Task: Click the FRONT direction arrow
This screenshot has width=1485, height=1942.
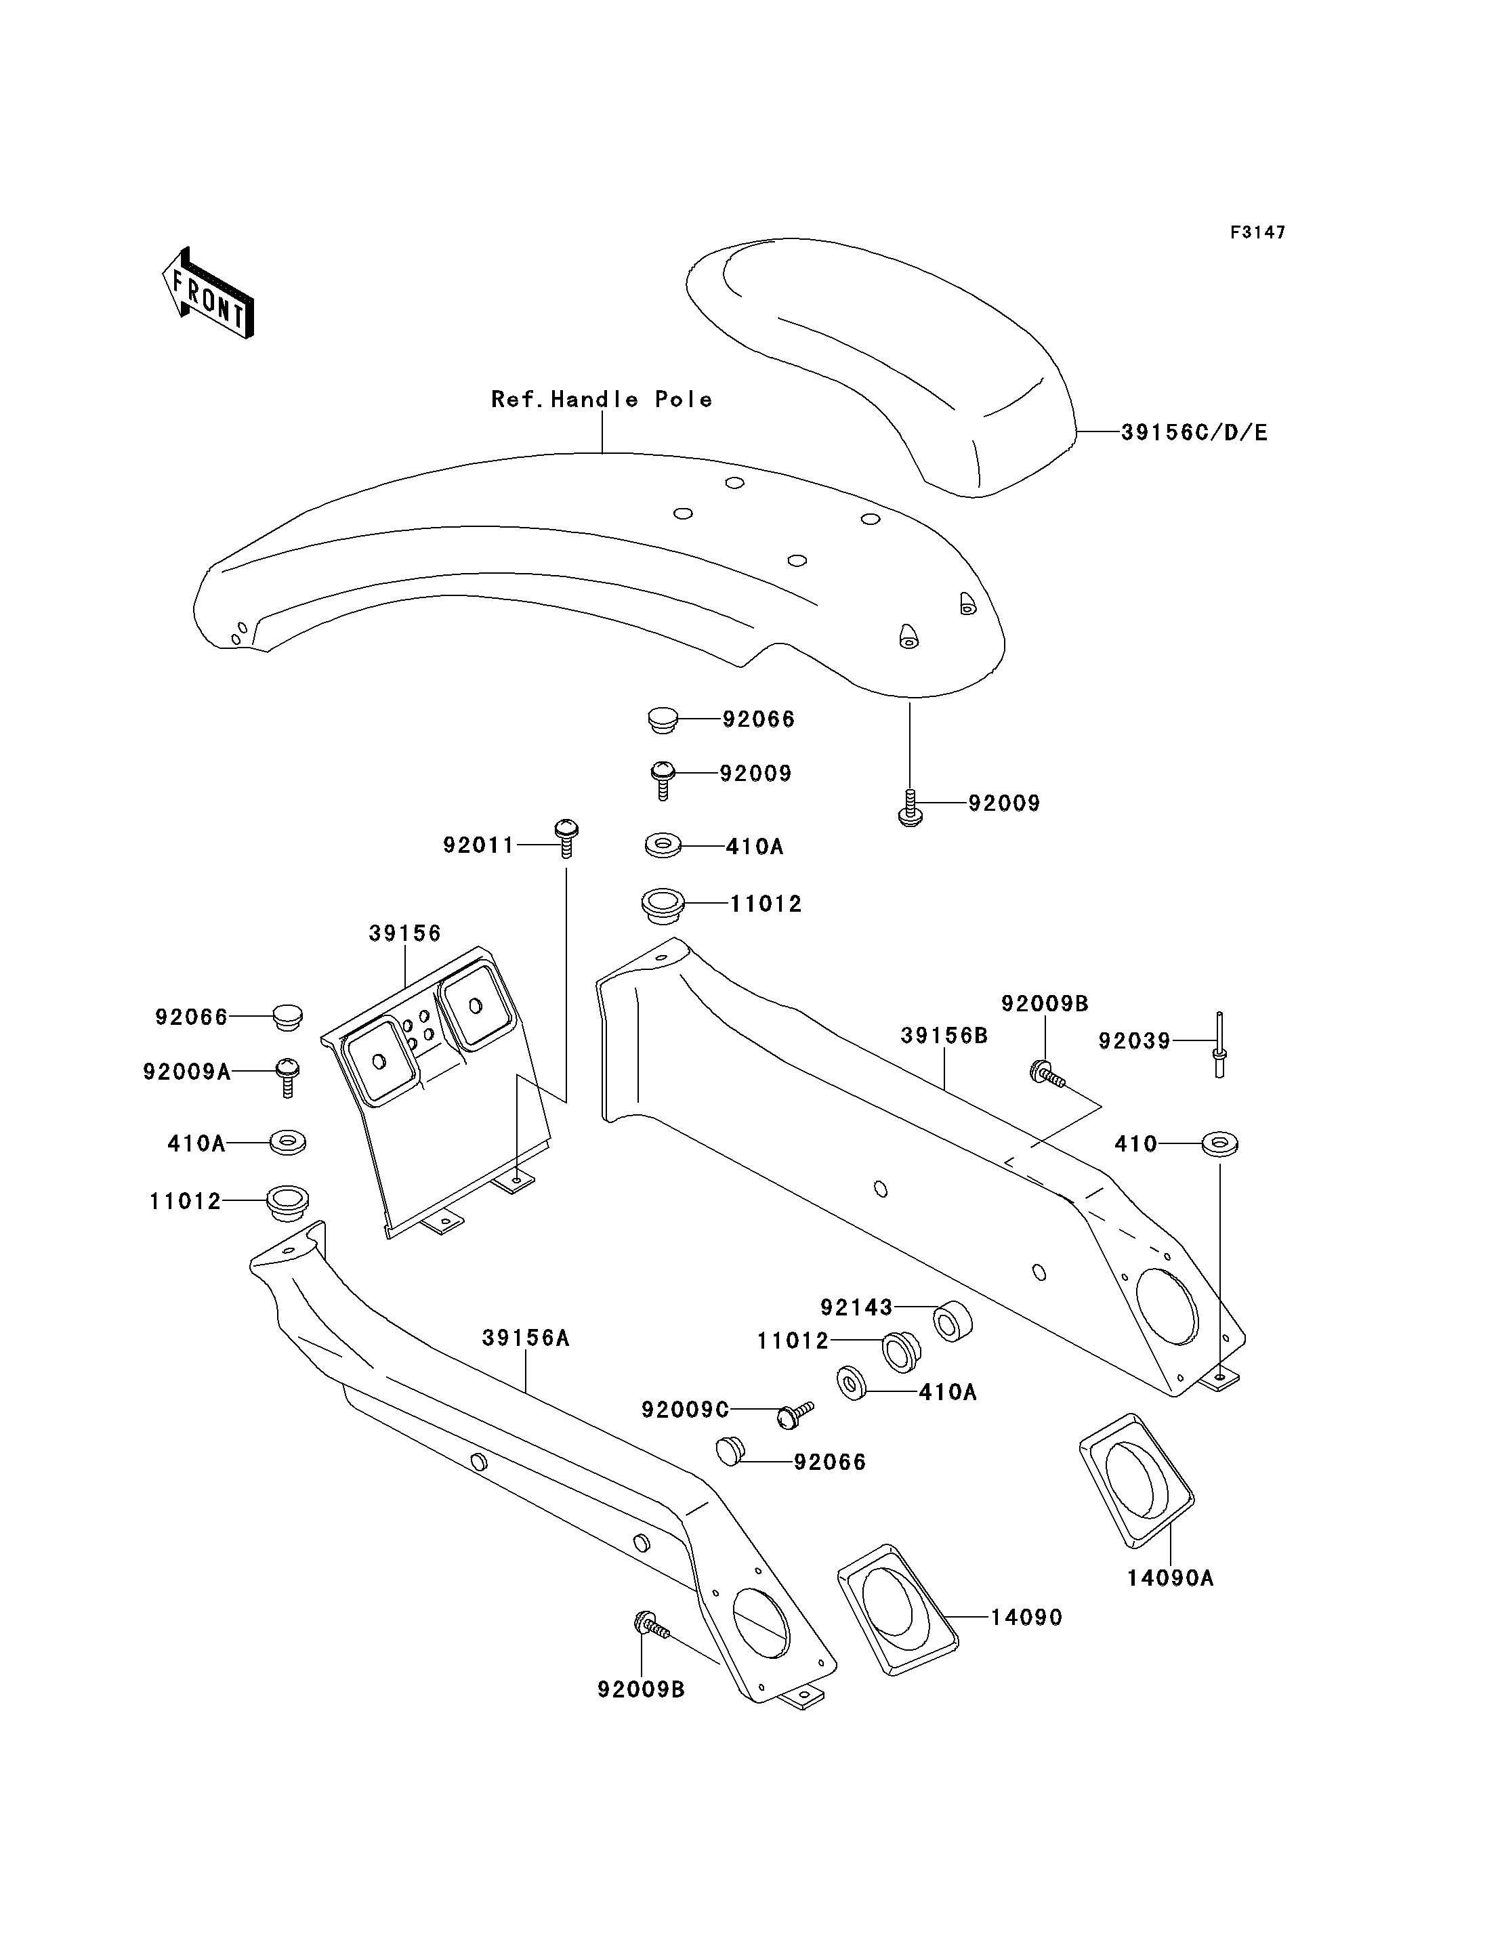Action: point(208,293)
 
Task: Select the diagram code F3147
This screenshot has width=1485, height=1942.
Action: point(1258,232)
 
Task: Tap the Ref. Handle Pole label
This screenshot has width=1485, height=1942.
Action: point(602,400)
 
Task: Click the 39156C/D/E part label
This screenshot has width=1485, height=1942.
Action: point(1194,432)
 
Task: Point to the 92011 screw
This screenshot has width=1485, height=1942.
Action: point(566,838)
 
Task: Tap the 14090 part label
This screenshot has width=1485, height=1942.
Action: point(1026,1618)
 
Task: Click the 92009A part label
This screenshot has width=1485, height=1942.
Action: point(186,1072)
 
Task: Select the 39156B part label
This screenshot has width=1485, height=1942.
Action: point(944,1035)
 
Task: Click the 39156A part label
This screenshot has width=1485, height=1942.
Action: point(526,1338)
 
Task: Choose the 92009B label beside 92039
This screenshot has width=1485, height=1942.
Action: point(1045,1003)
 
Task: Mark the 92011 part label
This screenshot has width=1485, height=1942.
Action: point(478,846)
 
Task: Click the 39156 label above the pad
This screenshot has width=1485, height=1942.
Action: point(405,933)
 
